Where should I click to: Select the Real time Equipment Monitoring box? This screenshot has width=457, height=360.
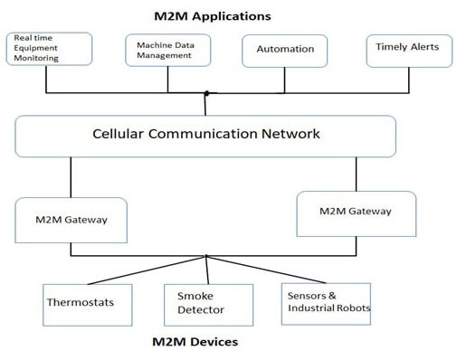[x=49, y=49]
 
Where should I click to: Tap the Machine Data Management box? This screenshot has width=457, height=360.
[x=167, y=50]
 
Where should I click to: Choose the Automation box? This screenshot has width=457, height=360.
[x=285, y=50]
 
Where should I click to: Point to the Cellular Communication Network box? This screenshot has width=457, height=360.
[x=205, y=135]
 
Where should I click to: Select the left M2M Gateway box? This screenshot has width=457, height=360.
[x=71, y=219]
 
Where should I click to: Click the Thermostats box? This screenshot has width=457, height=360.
[x=81, y=302]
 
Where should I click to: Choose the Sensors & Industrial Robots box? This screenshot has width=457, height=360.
[x=328, y=302]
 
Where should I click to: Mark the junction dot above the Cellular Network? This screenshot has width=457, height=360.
[x=206, y=93]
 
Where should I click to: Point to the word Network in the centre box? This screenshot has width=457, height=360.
[x=288, y=134]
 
